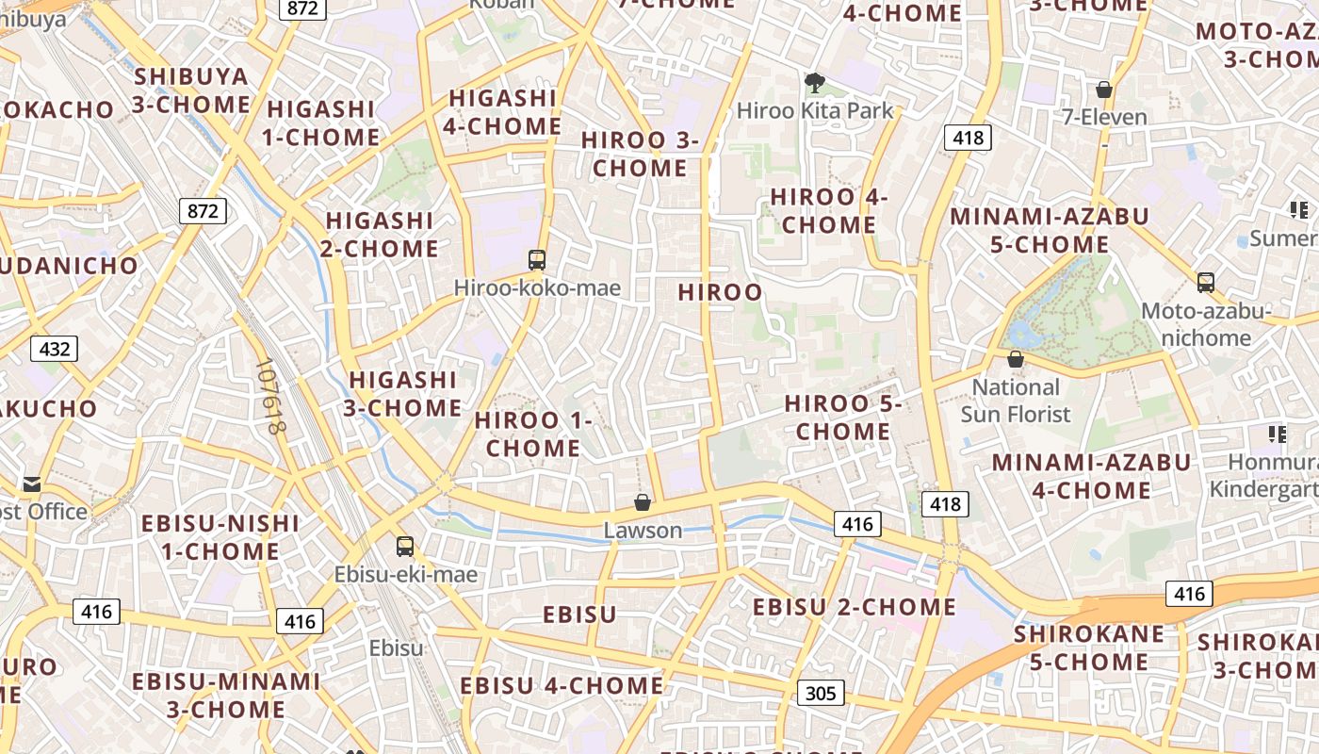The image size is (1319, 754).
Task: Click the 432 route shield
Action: point(55,349)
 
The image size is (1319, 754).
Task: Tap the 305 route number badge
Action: point(821,694)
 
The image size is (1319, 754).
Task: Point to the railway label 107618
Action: point(269,396)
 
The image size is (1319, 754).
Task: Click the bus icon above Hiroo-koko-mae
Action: point(537,260)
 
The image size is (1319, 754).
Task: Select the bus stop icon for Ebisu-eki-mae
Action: point(405,546)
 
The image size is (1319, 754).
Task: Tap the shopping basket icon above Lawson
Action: point(643,502)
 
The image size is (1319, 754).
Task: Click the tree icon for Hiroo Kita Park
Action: point(814,83)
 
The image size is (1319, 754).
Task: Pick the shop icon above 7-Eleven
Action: point(1104,90)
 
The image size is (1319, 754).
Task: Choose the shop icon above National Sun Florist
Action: point(1016,359)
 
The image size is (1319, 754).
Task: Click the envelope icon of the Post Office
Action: point(32,484)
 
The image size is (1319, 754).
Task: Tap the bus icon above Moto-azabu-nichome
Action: point(1206,282)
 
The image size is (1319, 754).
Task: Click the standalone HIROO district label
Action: point(721,292)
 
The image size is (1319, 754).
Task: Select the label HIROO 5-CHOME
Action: point(843,418)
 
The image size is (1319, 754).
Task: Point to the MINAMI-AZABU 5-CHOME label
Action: point(1050,230)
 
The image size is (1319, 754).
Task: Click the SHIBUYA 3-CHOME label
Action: point(191,90)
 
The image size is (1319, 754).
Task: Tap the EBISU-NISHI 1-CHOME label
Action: point(220,537)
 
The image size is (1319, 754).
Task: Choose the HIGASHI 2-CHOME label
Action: point(382,235)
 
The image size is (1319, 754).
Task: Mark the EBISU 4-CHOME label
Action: point(562,685)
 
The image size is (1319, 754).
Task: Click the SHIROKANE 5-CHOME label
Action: point(1089,647)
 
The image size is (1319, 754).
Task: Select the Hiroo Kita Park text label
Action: point(815,110)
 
